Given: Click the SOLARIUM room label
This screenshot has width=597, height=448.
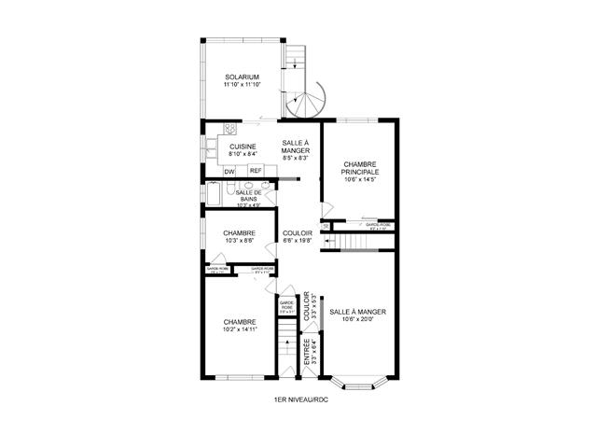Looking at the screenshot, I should [x=241, y=77].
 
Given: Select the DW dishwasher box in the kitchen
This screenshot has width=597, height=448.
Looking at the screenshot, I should [x=229, y=171].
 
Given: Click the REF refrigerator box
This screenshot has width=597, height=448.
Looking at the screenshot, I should [x=255, y=171].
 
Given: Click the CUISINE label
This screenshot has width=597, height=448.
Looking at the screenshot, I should [x=243, y=147].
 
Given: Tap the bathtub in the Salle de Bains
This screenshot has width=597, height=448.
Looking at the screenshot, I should [x=214, y=194].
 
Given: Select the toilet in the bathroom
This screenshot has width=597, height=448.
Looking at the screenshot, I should [x=265, y=196].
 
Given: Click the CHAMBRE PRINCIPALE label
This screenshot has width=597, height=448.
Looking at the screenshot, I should [x=359, y=168].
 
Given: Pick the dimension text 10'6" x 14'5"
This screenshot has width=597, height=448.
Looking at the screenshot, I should [x=359, y=180].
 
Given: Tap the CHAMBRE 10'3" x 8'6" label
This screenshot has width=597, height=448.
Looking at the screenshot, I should [x=239, y=236].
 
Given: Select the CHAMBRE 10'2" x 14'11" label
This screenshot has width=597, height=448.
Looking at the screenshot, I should [x=239, y=325].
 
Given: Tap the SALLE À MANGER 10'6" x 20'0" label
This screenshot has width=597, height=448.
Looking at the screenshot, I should [x=358, y=315].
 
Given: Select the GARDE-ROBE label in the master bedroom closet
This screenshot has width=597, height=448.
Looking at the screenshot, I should [x=378, y=224].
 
